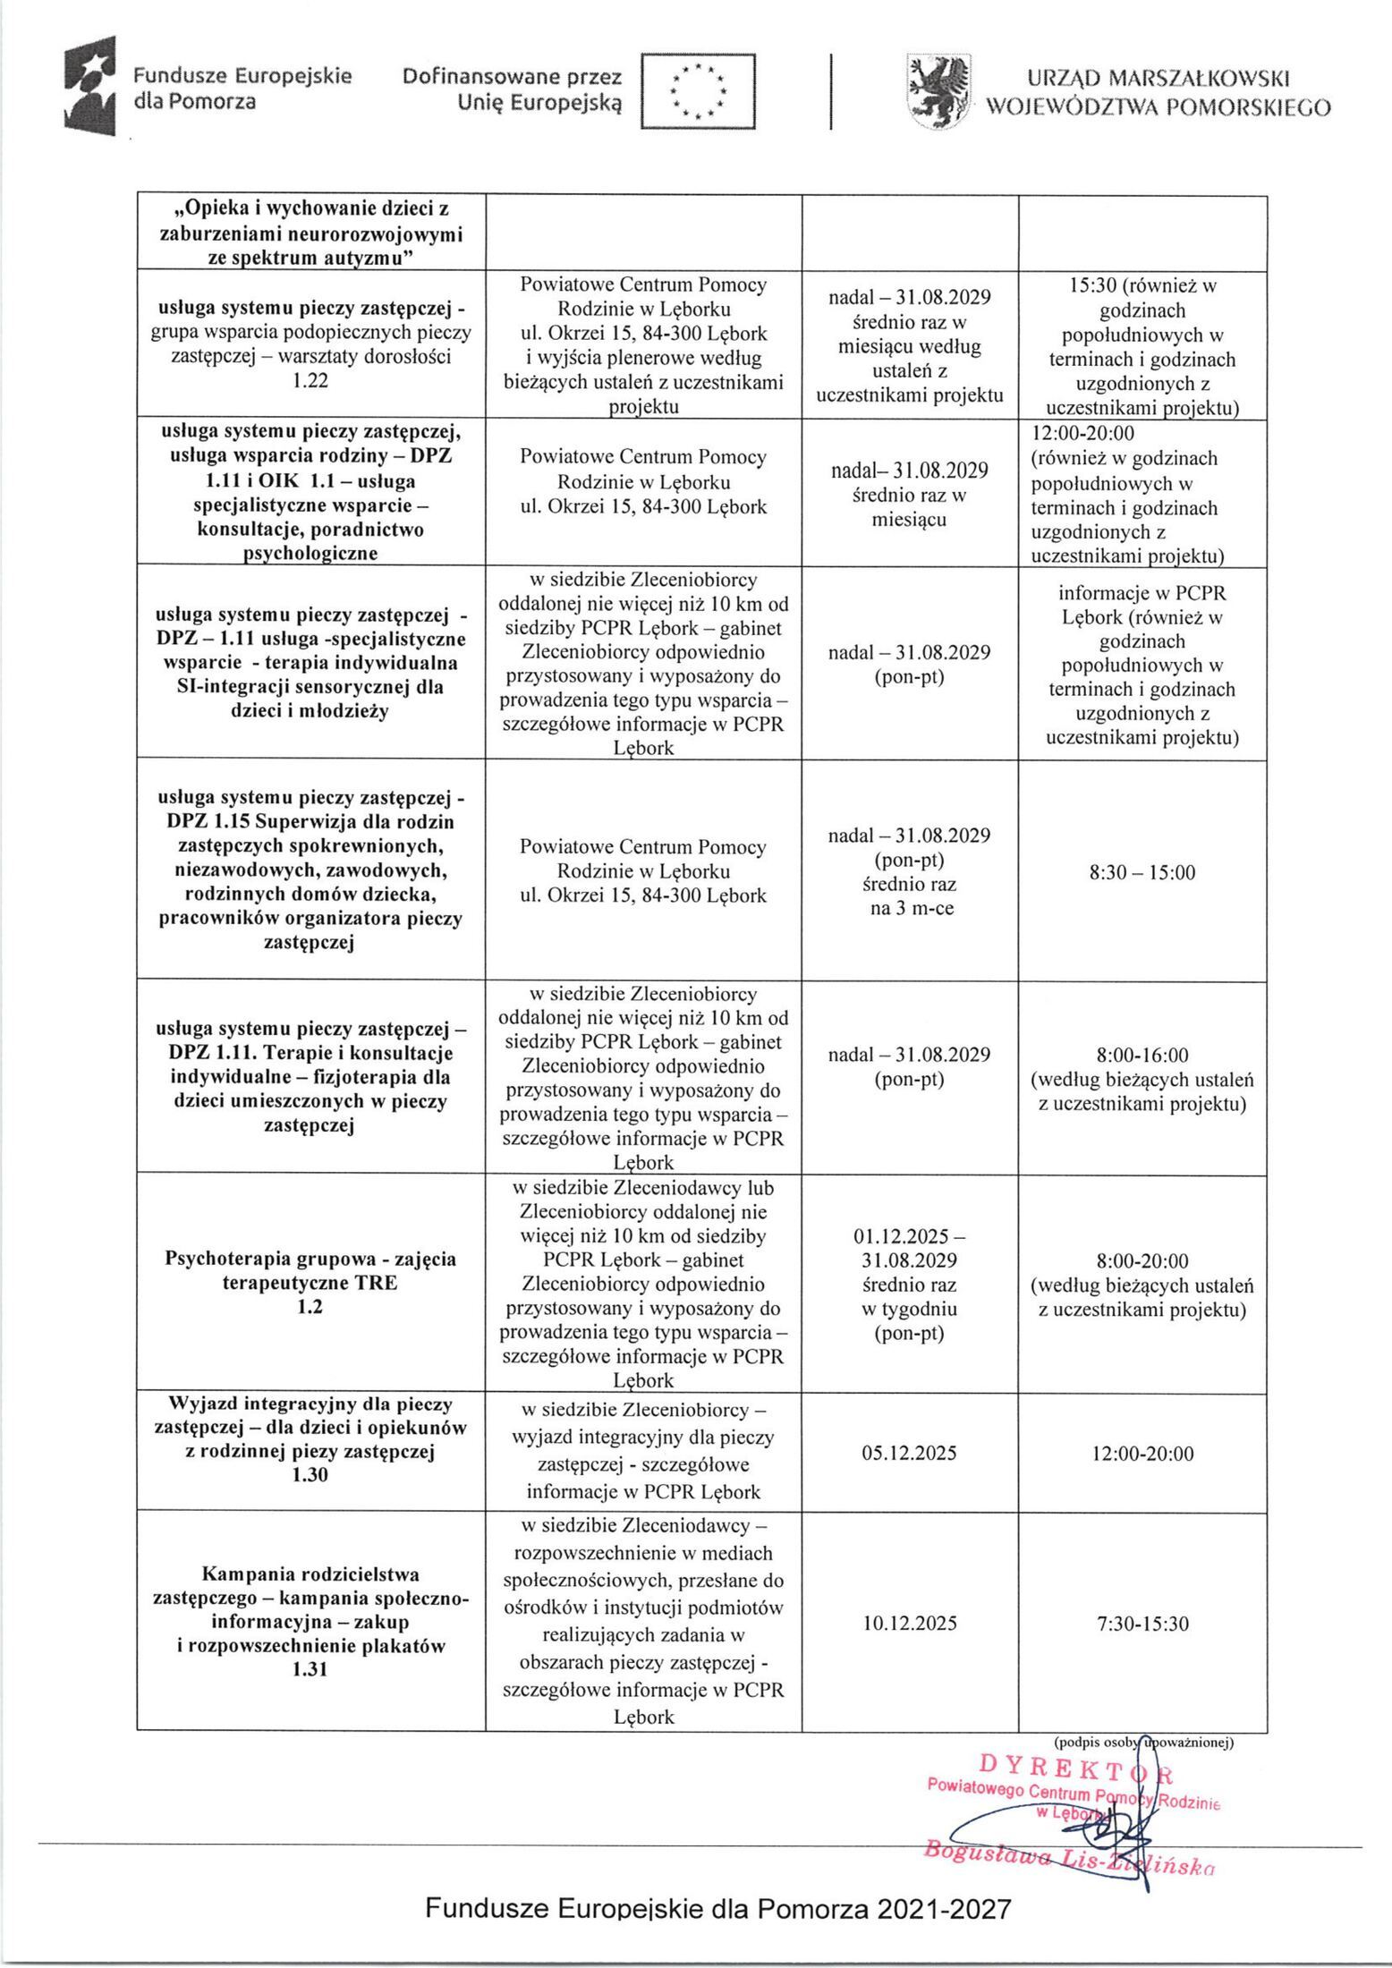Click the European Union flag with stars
[x=698, y=91]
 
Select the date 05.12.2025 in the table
[x=909, y=1453]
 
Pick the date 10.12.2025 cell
[x=909, y=1623]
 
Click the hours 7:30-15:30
[x=1142, y=1623]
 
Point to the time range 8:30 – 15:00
[x=1142, y=872]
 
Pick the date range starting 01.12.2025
[x=909, y=1248]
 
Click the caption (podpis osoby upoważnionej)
[x=1143, y=1741]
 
